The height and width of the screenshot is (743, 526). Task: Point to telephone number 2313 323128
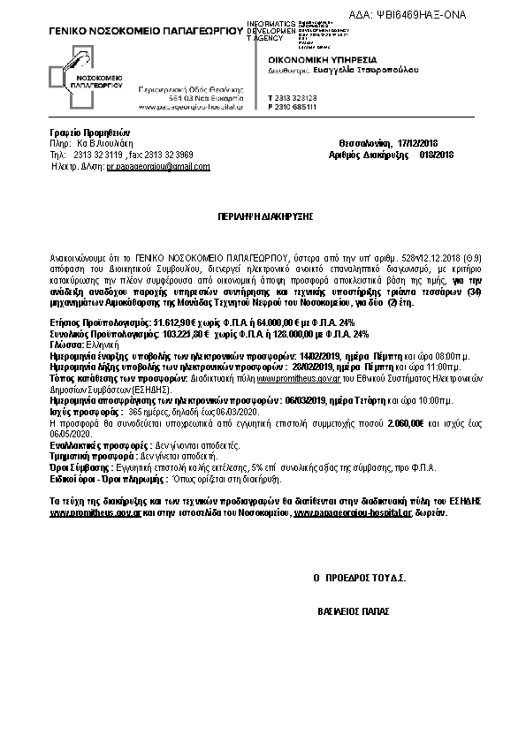pyautogui.click(x=302, y=96)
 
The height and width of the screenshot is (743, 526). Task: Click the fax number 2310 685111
pyautogui.click(x=302, y=106)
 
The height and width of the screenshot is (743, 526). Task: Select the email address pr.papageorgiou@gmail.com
pyautogui.click(x=154, y=165)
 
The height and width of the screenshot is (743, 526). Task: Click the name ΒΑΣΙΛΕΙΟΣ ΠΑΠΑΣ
pyautogui.click(x=354, y=610)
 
